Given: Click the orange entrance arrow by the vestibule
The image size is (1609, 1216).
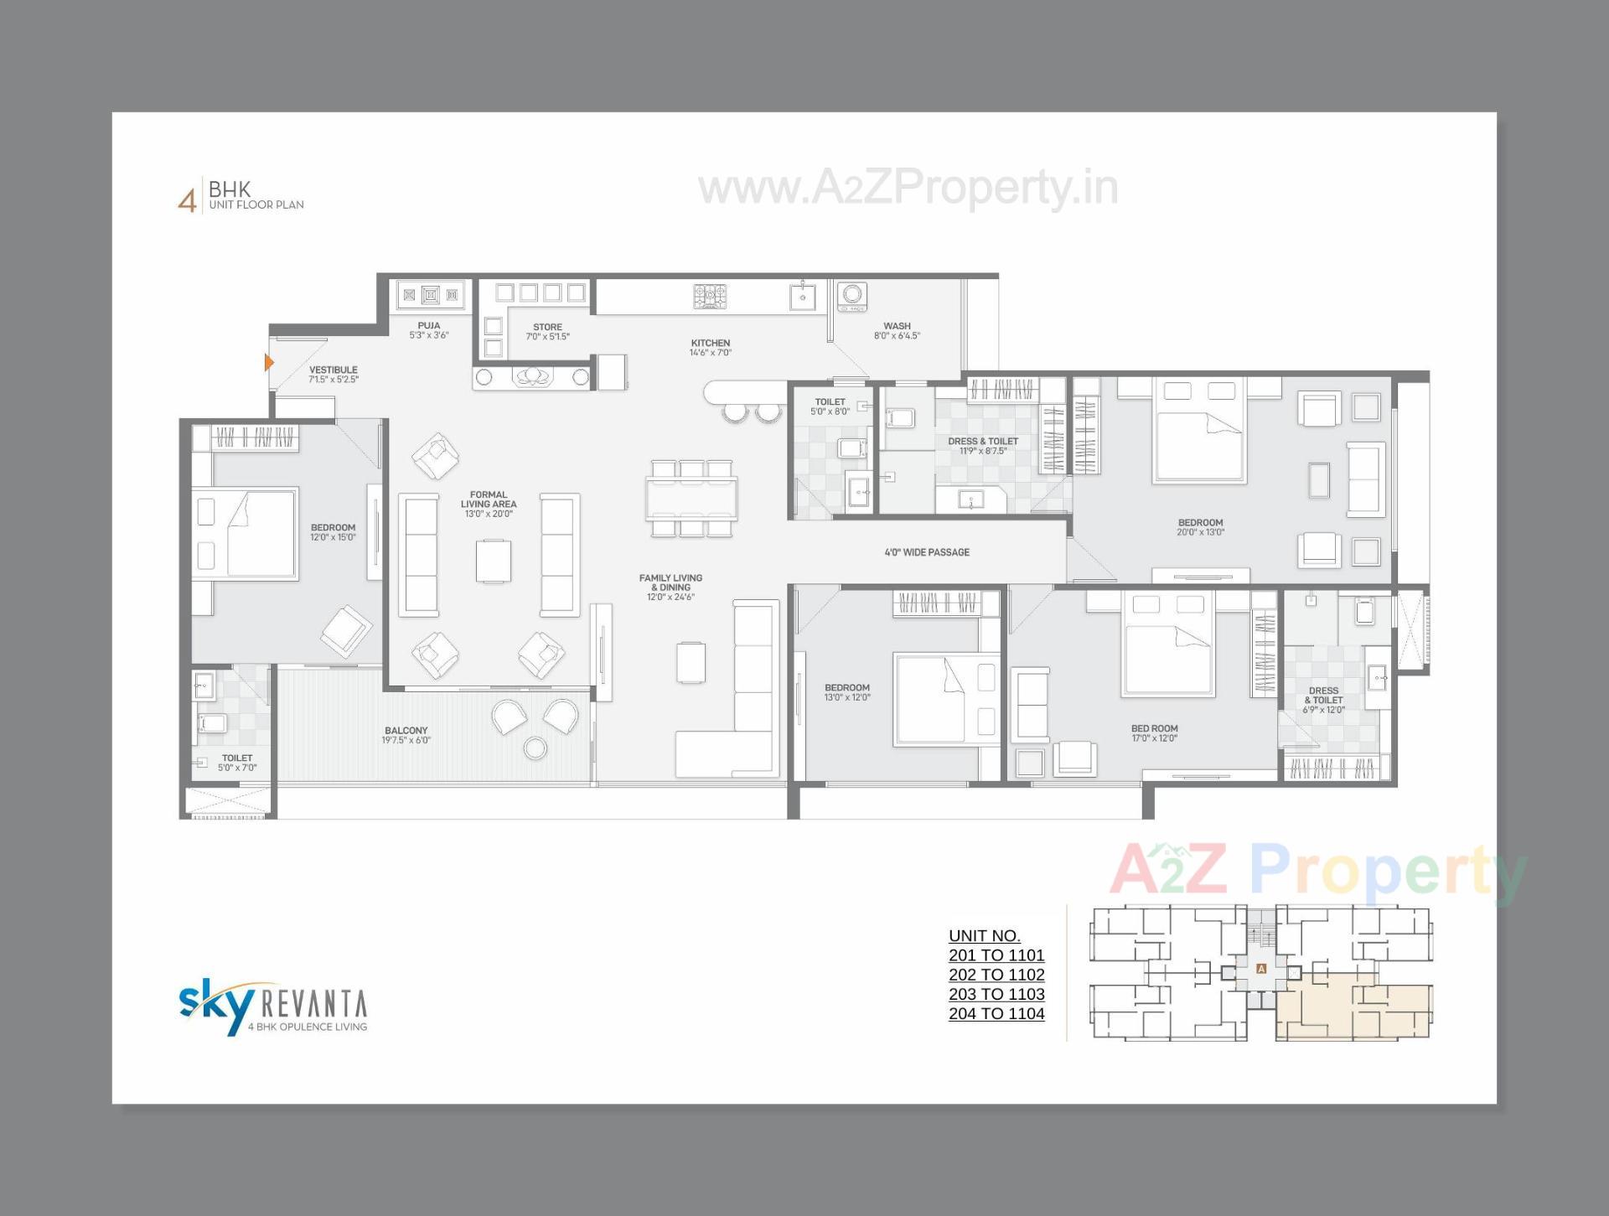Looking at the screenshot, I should [269, 362].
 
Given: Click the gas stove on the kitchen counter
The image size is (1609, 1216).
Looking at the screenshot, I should [710, 296].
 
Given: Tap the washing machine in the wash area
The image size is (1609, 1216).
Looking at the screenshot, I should [852, 295].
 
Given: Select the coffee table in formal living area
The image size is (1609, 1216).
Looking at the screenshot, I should [494, 561].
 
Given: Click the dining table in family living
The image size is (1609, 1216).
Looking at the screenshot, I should [691, 499].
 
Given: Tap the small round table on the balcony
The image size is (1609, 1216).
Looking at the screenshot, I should [535, 747].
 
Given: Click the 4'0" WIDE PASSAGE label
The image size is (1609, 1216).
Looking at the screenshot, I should [927, 552].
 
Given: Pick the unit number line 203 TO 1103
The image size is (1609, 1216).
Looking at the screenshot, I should [996, 994].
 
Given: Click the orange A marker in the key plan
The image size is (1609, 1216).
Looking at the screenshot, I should [1261, 969].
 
